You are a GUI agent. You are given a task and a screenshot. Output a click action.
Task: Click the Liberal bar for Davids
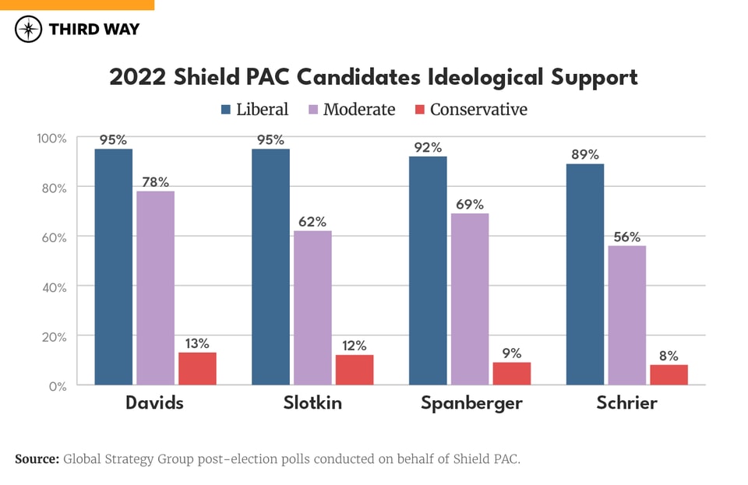click(x=114, y=266)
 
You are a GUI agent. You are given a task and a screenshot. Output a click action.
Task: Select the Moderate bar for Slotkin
click(x=312, y=308)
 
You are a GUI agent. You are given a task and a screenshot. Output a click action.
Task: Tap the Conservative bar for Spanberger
click(x=512, y=373)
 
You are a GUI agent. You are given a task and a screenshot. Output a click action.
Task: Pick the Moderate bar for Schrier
click(x=627, y=315)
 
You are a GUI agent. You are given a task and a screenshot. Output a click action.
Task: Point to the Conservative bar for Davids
click(x=197, y=368)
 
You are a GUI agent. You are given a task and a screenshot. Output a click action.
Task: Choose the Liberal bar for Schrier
click(x=585, y=274)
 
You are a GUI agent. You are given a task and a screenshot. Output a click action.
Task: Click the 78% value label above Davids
click(x=156, y=182)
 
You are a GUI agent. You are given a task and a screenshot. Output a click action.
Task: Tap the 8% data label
click(x=669, y=355)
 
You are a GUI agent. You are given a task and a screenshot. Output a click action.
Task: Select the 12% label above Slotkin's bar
click(x=355, y=346)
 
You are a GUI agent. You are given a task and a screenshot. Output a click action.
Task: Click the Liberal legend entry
click(x=254, y=110)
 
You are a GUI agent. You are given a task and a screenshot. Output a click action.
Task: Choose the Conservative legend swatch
click(x=418, y=110)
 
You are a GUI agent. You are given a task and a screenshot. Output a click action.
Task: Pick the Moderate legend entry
click(x=350, y=110)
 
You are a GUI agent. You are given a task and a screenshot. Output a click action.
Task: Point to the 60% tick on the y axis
click(x=53, y=237)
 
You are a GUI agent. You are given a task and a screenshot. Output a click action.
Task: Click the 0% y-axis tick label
click(x=58, y=385)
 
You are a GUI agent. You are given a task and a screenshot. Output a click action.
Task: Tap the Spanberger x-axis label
click(x=471, y=403)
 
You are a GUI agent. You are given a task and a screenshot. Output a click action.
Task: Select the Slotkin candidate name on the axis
click(x=312, y=403)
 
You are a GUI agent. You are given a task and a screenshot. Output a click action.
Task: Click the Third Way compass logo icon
click(x=29, y=30)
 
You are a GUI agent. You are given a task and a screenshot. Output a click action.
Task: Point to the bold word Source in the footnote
click(x=37, y=459)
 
